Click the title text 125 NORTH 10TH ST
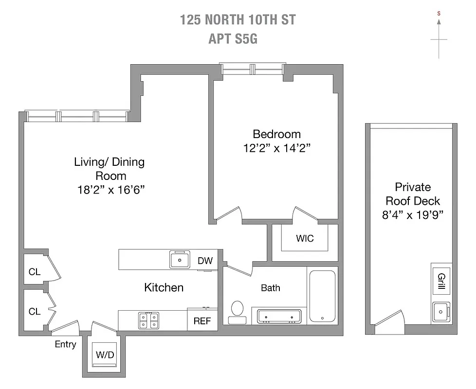[x=238, y=20]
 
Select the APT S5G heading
[x=233, y=39]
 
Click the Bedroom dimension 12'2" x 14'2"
[x=276, y=148]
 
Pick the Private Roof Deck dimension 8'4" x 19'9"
[x=413, y=214]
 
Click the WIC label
[x=305, y=238]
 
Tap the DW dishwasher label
[x=205, y=261]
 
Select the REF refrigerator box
[x=202, y=321]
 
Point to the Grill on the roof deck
[x=441, y=281]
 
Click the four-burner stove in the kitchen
[x=148, y=320]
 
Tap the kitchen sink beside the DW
[x=180, y=260]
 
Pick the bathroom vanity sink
[x=279, y=316]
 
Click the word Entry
[x=65, y=344]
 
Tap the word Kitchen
[x=164, y=287]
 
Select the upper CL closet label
[x=34, y=272]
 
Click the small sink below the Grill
[x=441, y=310]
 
